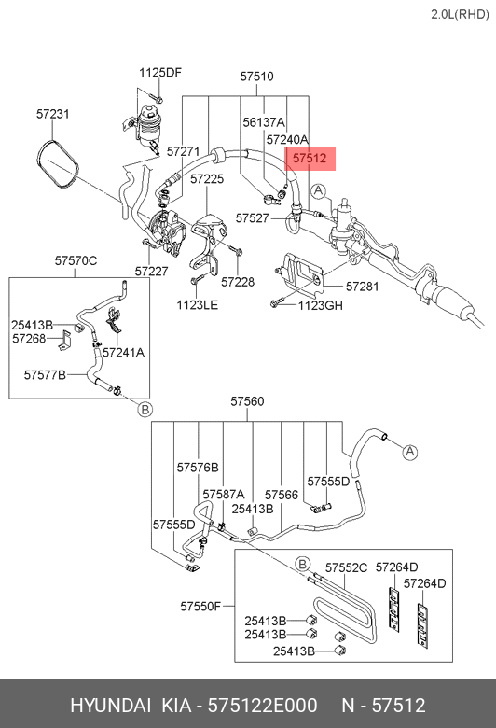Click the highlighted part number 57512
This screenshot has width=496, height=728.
pyautogui.click(x=310, y=159)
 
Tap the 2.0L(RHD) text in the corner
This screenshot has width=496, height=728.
pyautogui.click(x=460, y=14)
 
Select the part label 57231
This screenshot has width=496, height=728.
pyautogui.click(x=53, y=114)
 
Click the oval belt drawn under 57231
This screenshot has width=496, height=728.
pyautogui.click(x=58, y=164)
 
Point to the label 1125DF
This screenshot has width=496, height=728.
pyautogui.click(x=160, y=73)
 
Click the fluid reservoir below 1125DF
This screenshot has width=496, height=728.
pyautogui.click(x=148, y=123)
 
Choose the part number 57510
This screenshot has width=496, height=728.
pyautogui.click(x=256, y=77)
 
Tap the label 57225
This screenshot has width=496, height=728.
pyautogui.click(x=207, y=179)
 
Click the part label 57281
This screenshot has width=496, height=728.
pyautogui.click(x=363, y=287)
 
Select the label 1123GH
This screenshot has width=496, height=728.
pyautogui.click(x=320, y=305)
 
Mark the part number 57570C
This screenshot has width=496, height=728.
pyautogui.click(x=76, y=260)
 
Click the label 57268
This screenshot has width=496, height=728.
pyautogui.click(x=29, y=339)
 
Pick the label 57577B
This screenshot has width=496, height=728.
pyautogui.click(x=45, y=374)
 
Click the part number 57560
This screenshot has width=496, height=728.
pyautogui.click(x=247, y=401)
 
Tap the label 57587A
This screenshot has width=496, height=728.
pyautogui.click(x=223, y=494)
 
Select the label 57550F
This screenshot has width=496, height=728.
pyautogui.click(x=200, y=607)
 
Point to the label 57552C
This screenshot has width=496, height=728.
pyautogui.click(x=346, y=567)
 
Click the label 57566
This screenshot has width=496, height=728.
pyautogui.click(x=282, y=495)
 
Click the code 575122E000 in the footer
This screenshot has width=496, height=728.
pyautogui.click(x=262, y=706)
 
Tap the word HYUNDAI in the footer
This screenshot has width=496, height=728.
pyautogui.click(x=110, y=706)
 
